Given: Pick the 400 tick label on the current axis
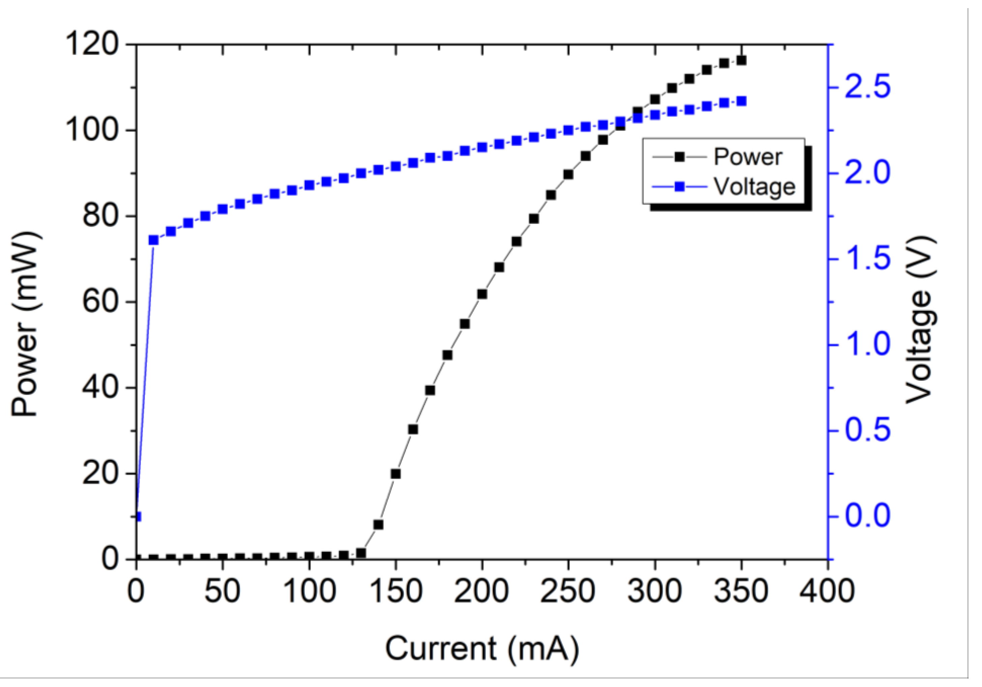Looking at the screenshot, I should (x=827, y=591).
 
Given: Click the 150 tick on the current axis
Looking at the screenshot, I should (x=396, y=591).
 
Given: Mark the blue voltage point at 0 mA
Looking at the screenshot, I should (x=137, y=517).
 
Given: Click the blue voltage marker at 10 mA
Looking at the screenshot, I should (x=153, y=240).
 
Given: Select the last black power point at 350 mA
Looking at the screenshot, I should (x=741, y=60).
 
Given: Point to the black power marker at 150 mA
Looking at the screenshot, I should (x=396, y=474).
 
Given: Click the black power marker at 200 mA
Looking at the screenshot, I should (x=482, y=294).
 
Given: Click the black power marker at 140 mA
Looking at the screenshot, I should (x=378, y=525).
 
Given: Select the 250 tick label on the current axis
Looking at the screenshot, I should (x=568, y=591).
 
